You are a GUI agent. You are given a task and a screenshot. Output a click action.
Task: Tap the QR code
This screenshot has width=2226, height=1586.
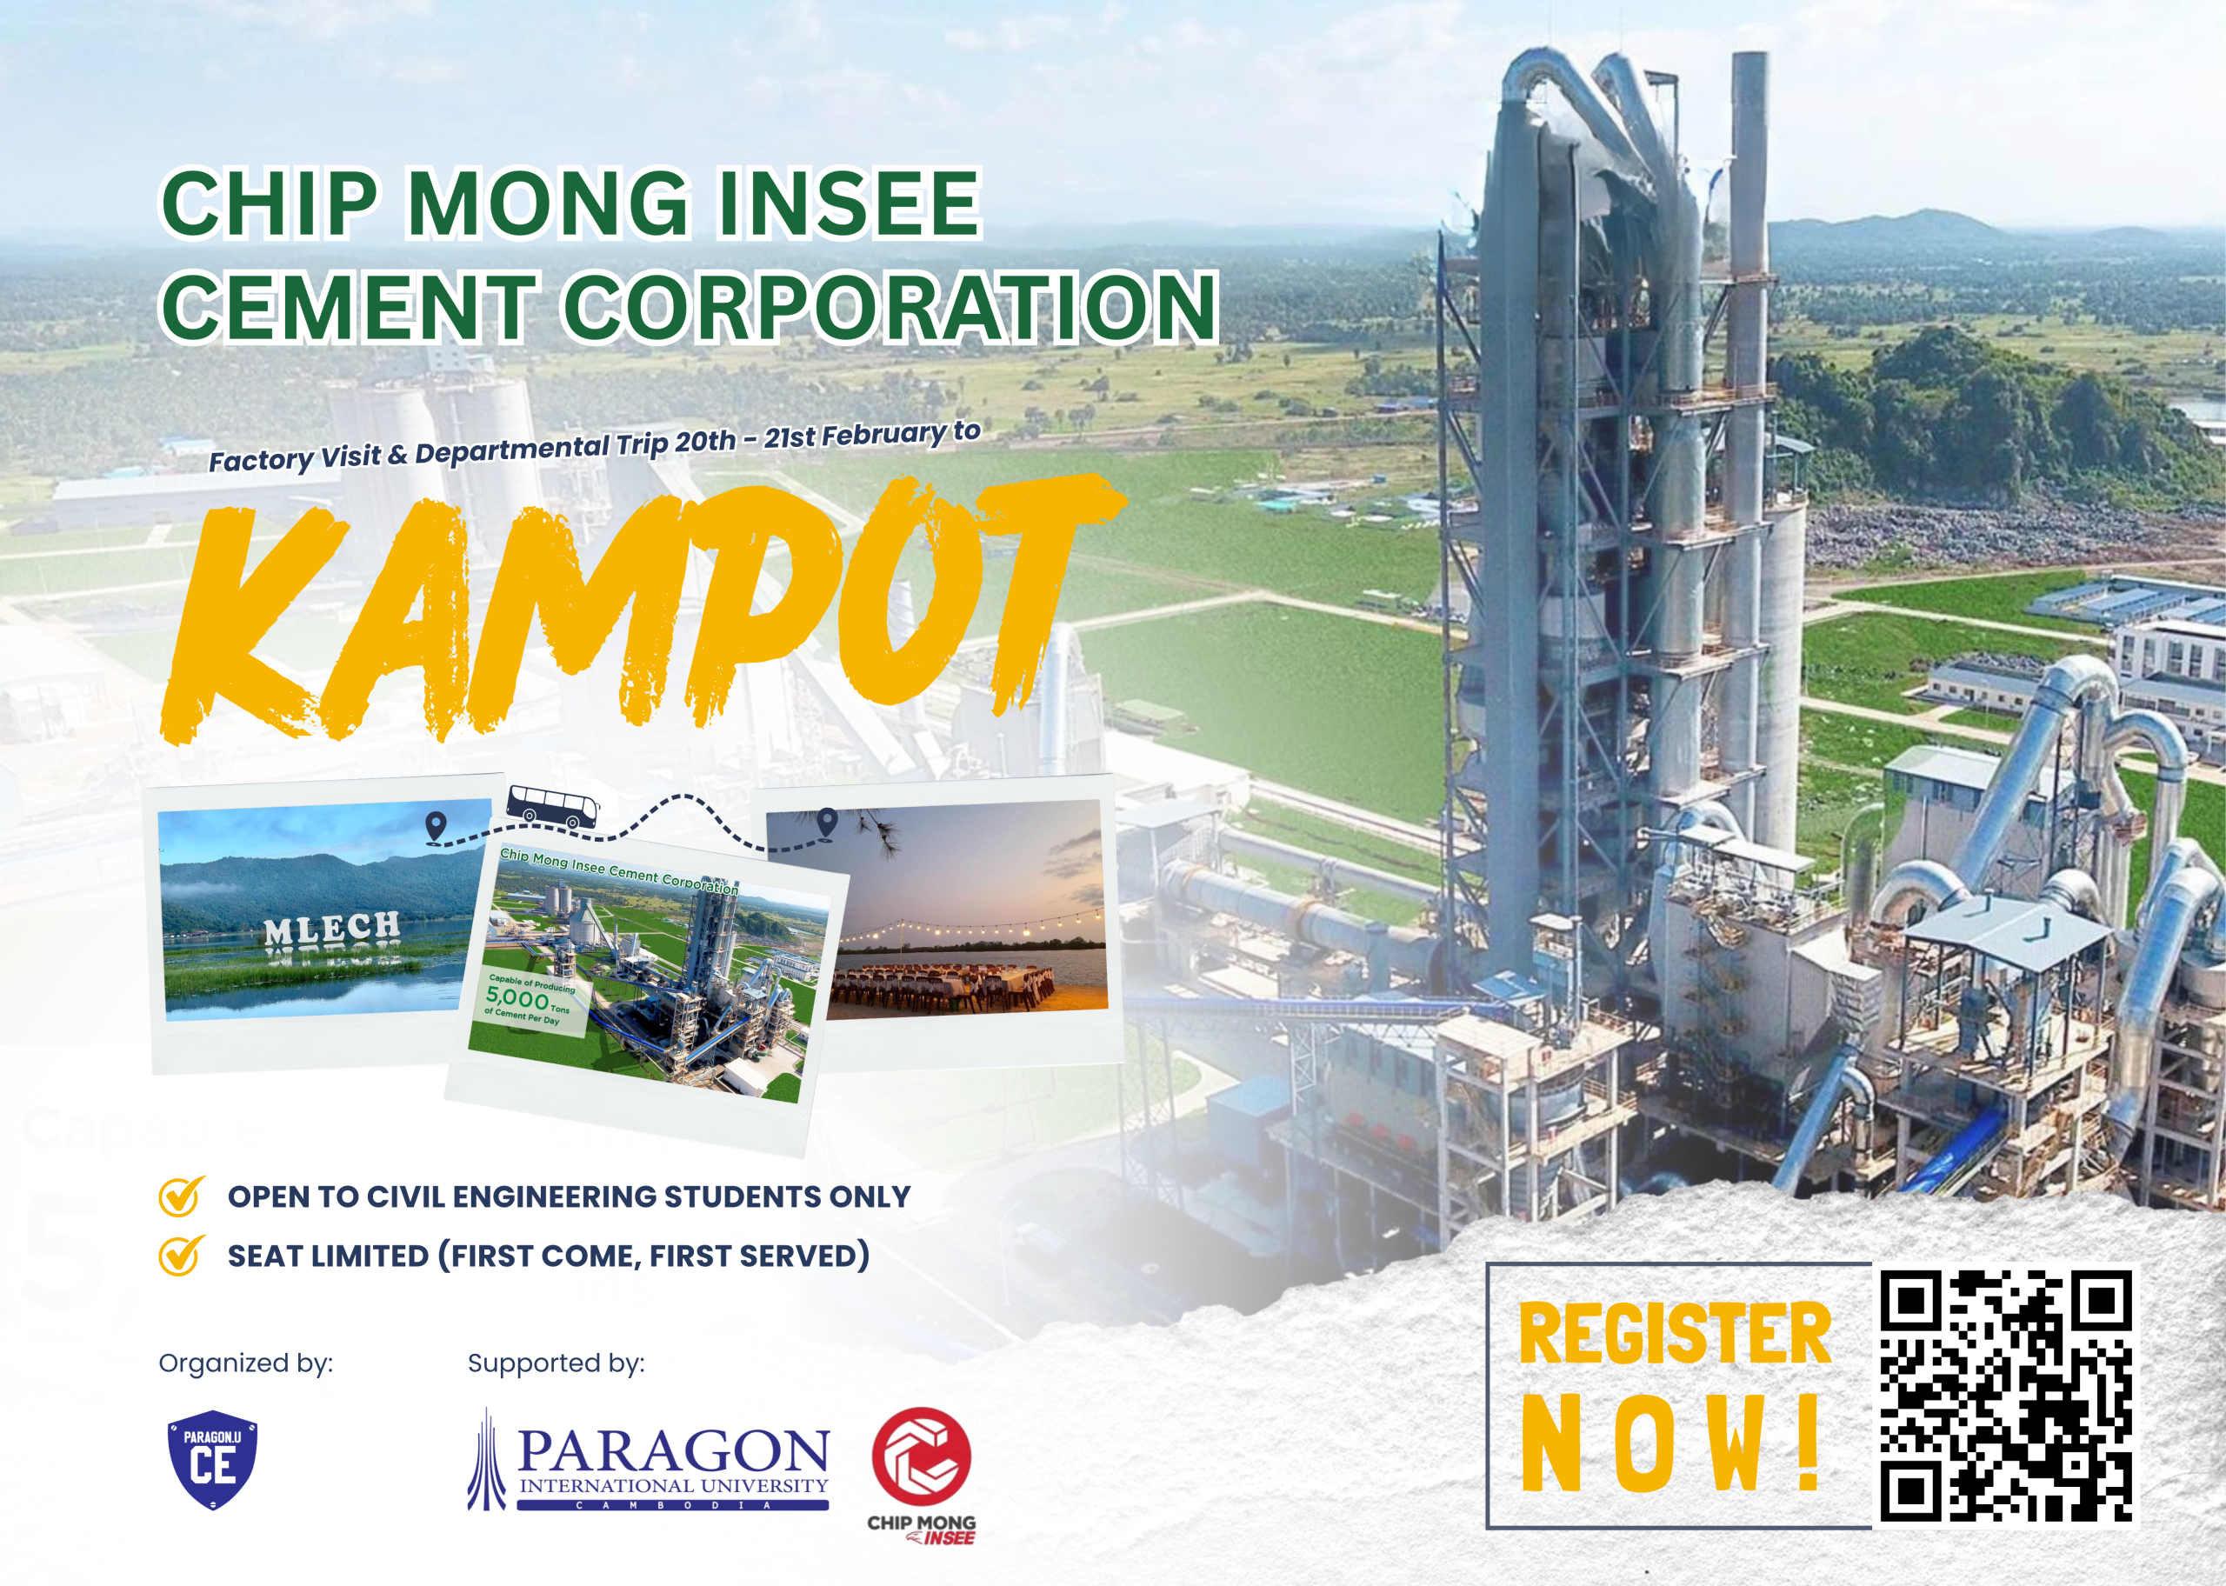pos(2006,1396)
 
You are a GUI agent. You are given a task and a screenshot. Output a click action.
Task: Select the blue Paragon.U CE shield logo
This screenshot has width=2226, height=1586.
pos(212,1459)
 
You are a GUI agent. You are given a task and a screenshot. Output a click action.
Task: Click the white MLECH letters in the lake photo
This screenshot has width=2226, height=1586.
pos(332,929)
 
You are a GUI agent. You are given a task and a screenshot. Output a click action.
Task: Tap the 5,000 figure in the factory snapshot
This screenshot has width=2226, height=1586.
pos(517,997)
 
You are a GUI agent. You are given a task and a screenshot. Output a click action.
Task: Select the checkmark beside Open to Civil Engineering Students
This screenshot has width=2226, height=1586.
pos(182,1196)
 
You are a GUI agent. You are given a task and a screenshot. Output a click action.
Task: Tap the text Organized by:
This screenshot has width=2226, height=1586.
pos(246,1363)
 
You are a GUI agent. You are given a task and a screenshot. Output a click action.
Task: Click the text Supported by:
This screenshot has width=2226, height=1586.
pos(556,1363)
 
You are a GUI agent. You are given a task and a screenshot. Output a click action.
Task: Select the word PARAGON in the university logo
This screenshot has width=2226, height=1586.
pos(674,1452)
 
